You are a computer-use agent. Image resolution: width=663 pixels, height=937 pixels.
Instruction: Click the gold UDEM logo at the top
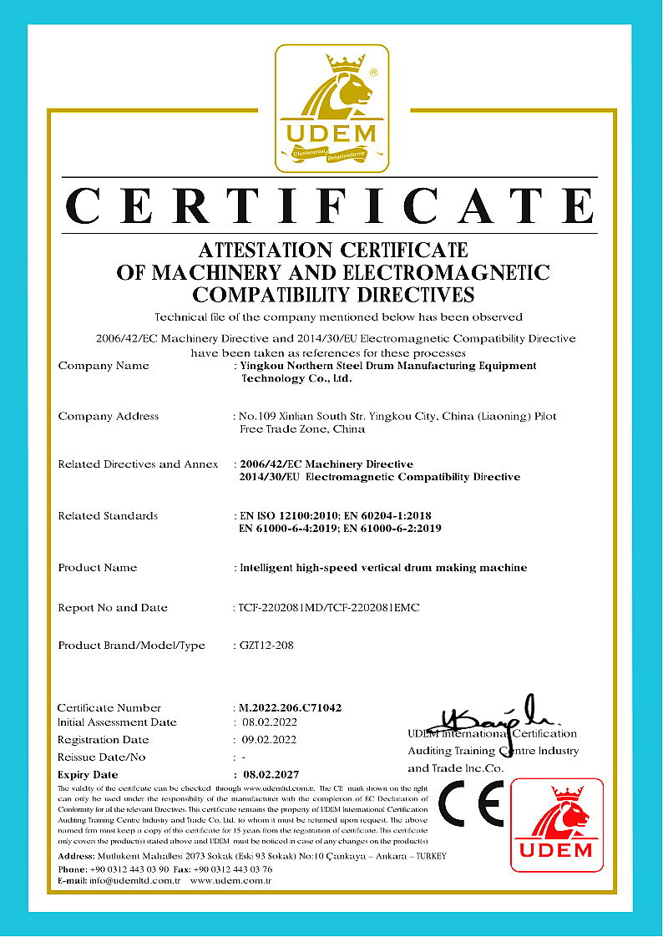coord(331,109)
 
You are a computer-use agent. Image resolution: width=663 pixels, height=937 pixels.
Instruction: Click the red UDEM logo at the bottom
coord(556,825)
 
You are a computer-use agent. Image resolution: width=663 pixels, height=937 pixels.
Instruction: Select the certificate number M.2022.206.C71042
coord(290,707)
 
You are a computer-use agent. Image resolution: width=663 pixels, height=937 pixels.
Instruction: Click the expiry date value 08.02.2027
coord(269,774)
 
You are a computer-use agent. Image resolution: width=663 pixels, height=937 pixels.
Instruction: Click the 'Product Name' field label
coord(98,568)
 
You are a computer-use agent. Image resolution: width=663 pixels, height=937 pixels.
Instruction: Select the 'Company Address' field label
coord(109,416)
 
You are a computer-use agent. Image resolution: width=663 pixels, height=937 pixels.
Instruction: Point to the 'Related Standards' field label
coord(108,516)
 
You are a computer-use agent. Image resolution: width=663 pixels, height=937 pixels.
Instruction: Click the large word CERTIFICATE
coord(331,205)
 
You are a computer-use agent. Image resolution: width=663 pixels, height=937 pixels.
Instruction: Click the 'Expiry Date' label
coord(88,774)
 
